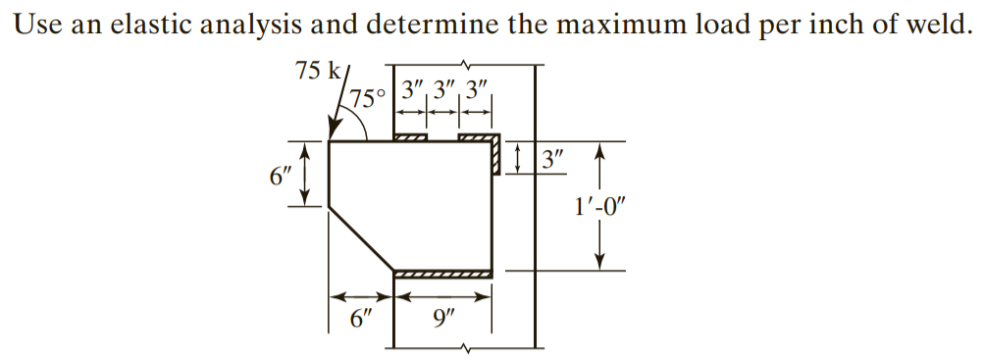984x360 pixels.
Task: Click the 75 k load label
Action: tap(317, 71)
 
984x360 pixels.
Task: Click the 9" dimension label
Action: tap(442, 320)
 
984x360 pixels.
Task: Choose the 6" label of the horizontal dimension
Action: tap(362, 320)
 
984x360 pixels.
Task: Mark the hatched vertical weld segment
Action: tap(495, 156)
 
